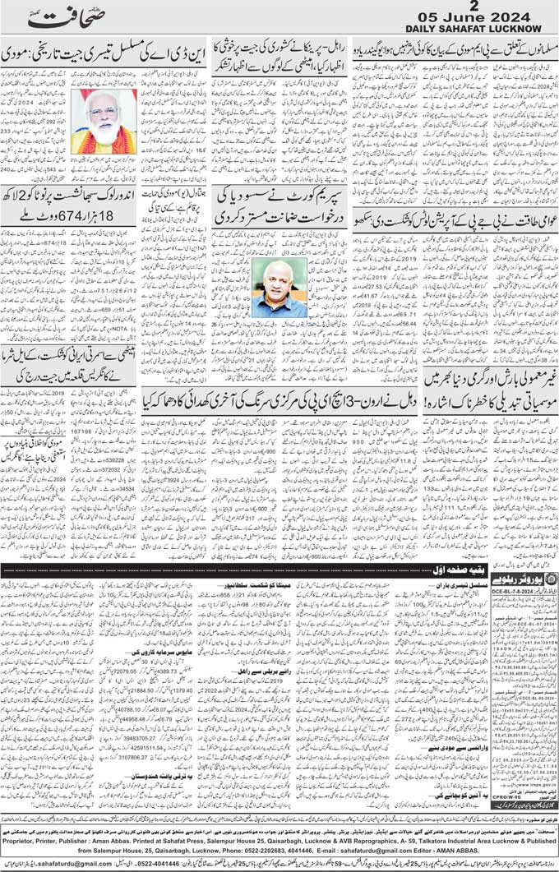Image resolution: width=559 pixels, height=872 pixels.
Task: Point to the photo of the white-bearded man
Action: [104, 121]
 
